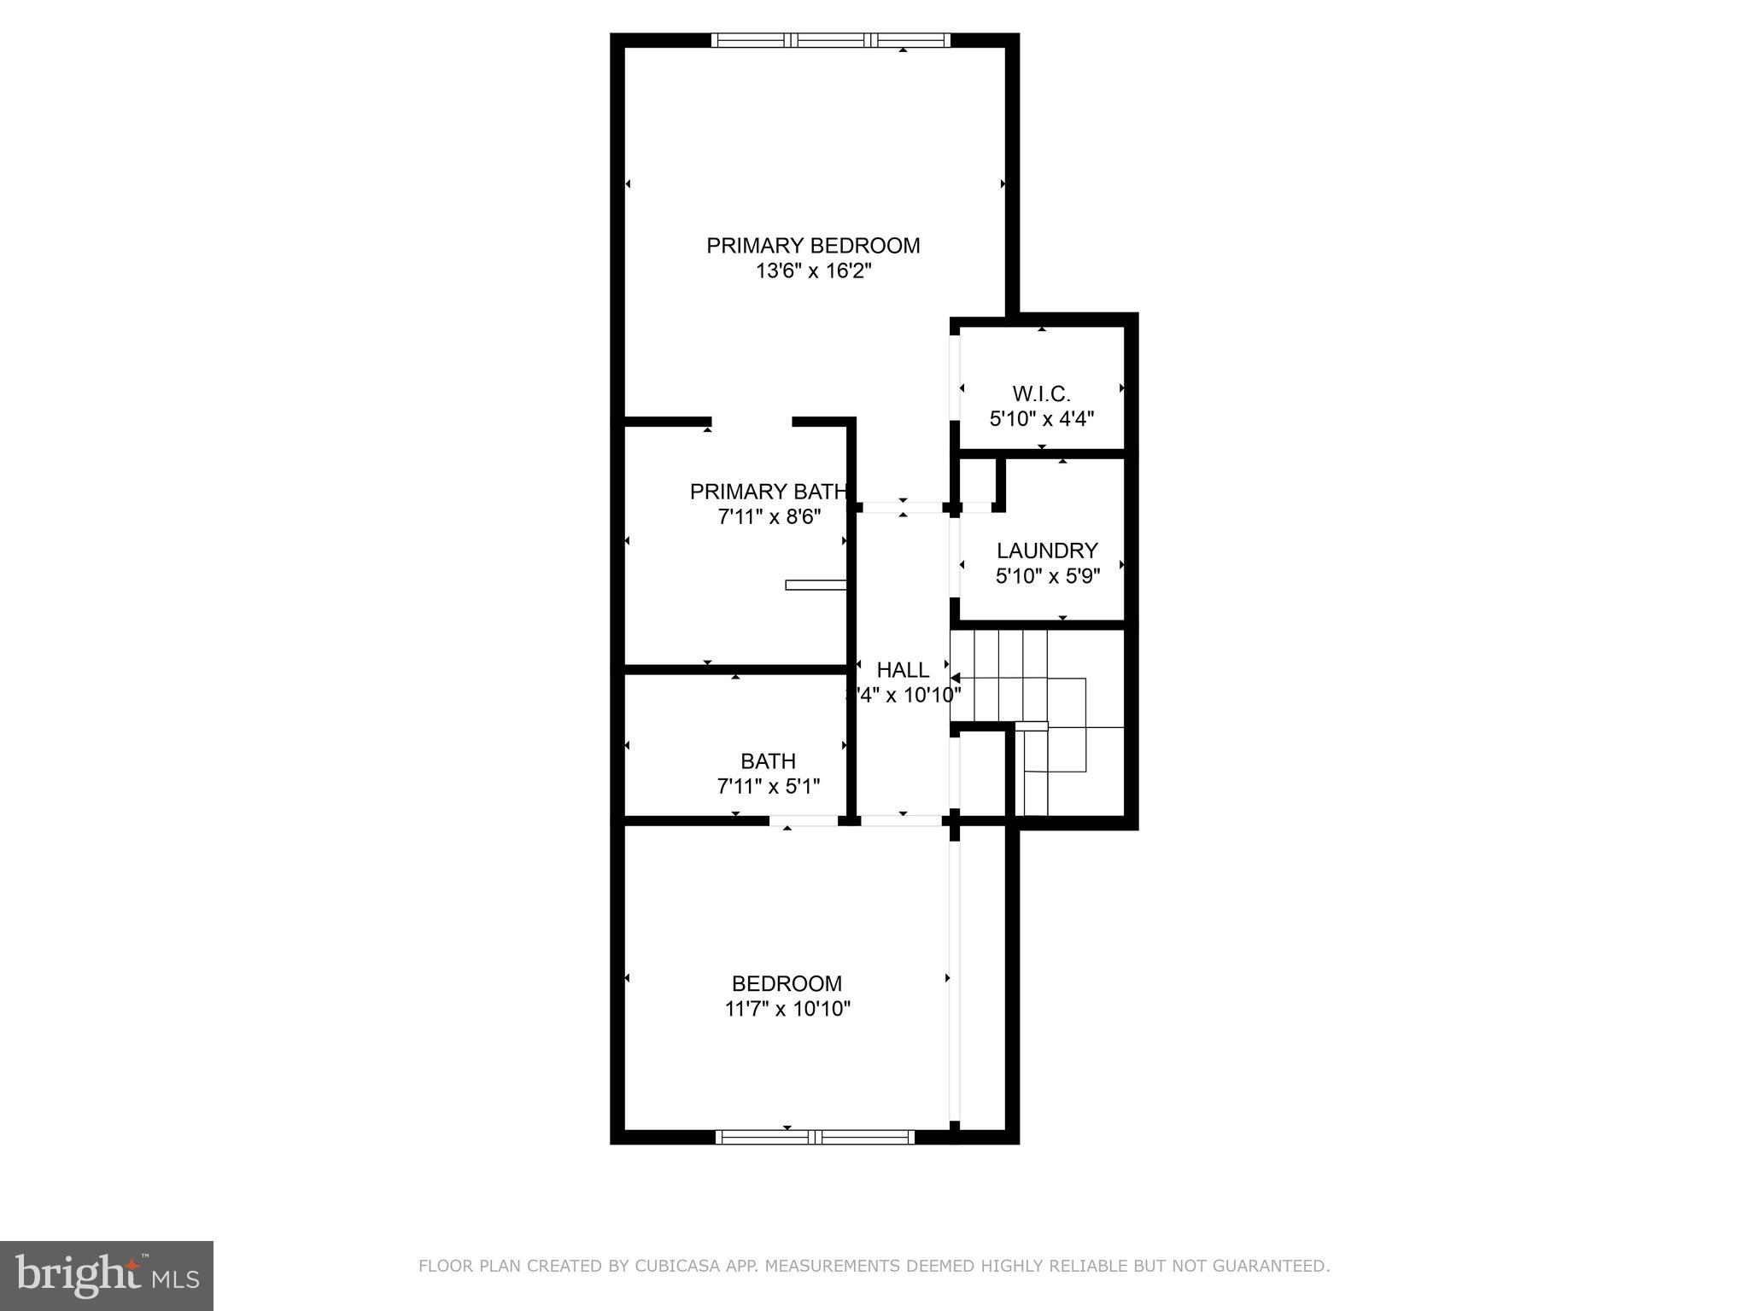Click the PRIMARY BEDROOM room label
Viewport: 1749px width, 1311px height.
813,246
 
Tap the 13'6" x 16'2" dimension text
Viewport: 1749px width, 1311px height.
813,271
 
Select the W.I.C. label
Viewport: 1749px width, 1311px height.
1041,394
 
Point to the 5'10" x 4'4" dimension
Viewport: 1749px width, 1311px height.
1041,419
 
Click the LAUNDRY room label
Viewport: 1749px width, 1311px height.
1047,551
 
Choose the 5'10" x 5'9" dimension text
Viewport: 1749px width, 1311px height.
1047,576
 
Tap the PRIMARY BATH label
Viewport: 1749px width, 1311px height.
768,492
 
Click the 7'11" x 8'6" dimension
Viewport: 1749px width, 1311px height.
769,517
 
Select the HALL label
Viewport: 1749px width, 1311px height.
903,670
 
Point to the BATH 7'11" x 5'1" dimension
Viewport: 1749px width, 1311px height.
769,786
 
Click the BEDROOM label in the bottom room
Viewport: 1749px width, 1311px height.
787,983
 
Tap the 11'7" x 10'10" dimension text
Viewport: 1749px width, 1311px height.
787,1009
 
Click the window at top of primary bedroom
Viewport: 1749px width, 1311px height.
830,40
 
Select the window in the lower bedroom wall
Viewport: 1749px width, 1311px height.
814,1137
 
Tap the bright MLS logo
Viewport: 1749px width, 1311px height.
107,1275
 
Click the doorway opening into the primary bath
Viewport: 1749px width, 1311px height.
752,422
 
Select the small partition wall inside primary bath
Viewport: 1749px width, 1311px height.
816,585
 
